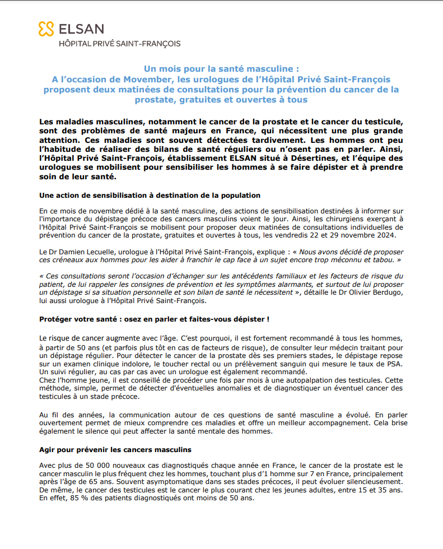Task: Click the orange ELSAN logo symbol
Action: [x=46, y=29]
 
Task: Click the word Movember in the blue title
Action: [x=140, y=80]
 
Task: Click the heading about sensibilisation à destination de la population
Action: [x=150, y=196]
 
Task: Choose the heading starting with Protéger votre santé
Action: [x=154, y=319]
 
